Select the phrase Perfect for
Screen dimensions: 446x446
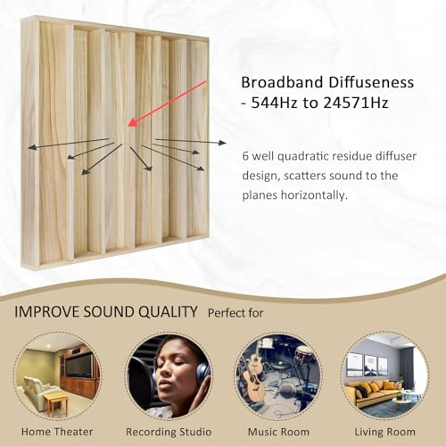tap(236, 314)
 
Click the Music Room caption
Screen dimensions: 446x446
tap(278, 430)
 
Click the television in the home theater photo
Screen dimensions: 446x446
tap(78, 364)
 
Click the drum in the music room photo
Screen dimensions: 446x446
tap(305, 356)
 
